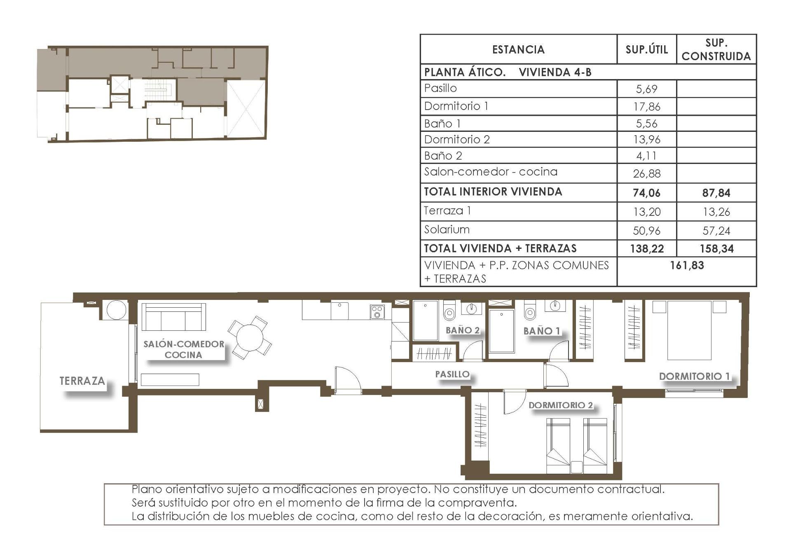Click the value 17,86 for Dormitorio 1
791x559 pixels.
[x=646, y=107]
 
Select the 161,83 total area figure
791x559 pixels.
[x=687, y=265]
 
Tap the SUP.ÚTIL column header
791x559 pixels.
[x=646, y=49]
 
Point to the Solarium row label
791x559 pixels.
[x=447, y=229]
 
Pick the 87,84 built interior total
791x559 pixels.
[x=716, y=193]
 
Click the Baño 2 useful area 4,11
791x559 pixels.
[x=646, y=156]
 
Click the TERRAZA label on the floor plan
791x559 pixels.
[x=82, y=381]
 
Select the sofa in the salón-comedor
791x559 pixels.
[x=173, y=318]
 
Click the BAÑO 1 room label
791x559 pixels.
[x=541, y=331]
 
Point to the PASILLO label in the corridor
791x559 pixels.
[x=452, y=374]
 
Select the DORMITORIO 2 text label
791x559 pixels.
[x=560, y=405]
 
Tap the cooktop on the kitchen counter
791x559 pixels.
[x=377, y=312]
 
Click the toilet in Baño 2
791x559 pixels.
[x=449, y=311]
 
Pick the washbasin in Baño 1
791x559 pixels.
[x=555, y=306]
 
